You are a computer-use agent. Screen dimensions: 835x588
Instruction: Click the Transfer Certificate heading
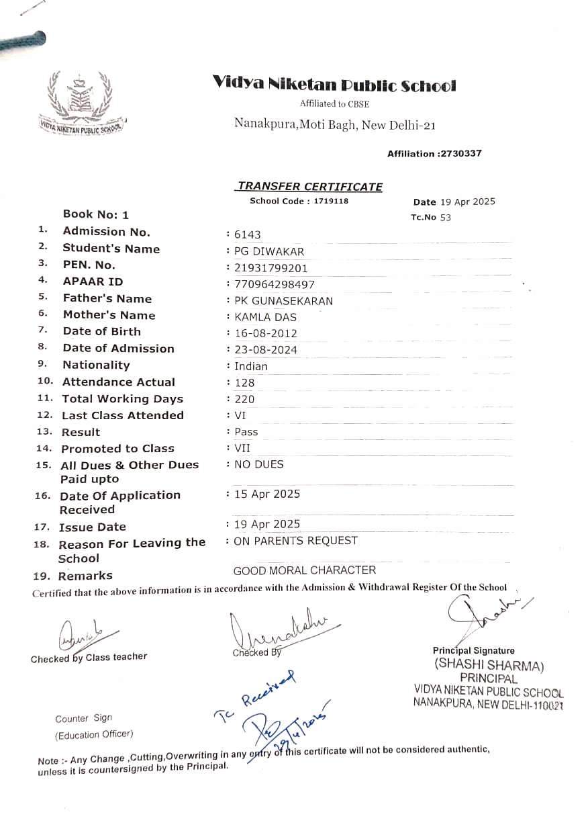click(x=309, y=187)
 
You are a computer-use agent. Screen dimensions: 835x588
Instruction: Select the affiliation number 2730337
click(x=460, y=154)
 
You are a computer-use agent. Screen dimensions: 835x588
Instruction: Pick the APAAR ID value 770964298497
click(x=274, y=284)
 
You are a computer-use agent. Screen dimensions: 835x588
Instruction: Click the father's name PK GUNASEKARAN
click(x=283, y=301)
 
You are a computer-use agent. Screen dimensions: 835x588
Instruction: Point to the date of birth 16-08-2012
click(x=265, y=333)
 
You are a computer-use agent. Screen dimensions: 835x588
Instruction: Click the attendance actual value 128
click(x=244, y=383)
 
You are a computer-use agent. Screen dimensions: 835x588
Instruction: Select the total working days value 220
click(x=244, y=399)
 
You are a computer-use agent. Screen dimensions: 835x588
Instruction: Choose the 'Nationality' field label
click(x=96, y=365)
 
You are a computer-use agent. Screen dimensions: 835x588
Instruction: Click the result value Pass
click(x=246, y=432)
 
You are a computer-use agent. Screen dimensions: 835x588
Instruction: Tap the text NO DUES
click(x=258, y=464)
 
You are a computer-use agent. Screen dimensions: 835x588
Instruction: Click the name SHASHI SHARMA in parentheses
click(x=489, y=665)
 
